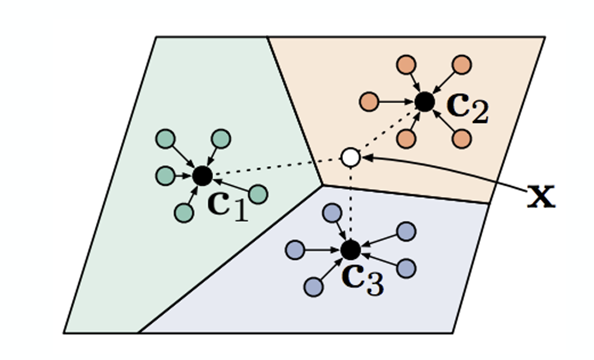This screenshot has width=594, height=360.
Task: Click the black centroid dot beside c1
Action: click(202, 175)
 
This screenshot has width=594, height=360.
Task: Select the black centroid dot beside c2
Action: click(424, 102)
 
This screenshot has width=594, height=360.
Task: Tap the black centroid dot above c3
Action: click(350, 250)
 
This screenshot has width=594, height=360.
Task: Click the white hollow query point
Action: click(350, 157)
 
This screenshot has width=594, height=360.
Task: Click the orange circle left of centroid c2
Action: click(369, 102)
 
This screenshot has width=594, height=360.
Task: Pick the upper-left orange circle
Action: click(406, 64)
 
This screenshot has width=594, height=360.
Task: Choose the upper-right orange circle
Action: click(461, 64)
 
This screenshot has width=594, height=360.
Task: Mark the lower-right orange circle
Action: click(461, 139)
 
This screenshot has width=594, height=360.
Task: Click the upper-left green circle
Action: click(166, 139)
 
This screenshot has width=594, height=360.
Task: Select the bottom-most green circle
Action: click(184, 213)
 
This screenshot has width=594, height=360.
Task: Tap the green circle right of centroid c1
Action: click(258, 194)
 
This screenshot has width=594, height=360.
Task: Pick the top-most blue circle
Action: click(332, 212)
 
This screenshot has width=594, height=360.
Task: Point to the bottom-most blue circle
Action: click(314, 287)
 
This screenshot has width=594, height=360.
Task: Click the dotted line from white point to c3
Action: click(350, 202)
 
